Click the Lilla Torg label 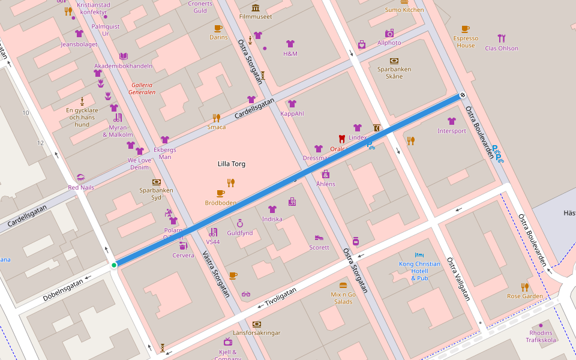[231, 164]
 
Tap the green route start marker [114, 265]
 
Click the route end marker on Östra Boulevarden [463, 95]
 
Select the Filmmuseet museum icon [256, 8]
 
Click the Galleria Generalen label [142, 88]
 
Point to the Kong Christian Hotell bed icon [419, 255]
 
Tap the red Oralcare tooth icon [342, 138]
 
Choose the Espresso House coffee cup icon [466, 29]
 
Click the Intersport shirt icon [452, 121]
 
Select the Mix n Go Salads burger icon [343, 286]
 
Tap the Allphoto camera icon [389, 34]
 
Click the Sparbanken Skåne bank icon [394, 61]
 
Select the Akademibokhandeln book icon [124, 56]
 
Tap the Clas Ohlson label [501, 48]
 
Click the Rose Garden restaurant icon [525, 287]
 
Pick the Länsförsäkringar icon [257, 324]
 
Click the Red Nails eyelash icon [81, 178]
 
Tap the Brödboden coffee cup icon [220, 193]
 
